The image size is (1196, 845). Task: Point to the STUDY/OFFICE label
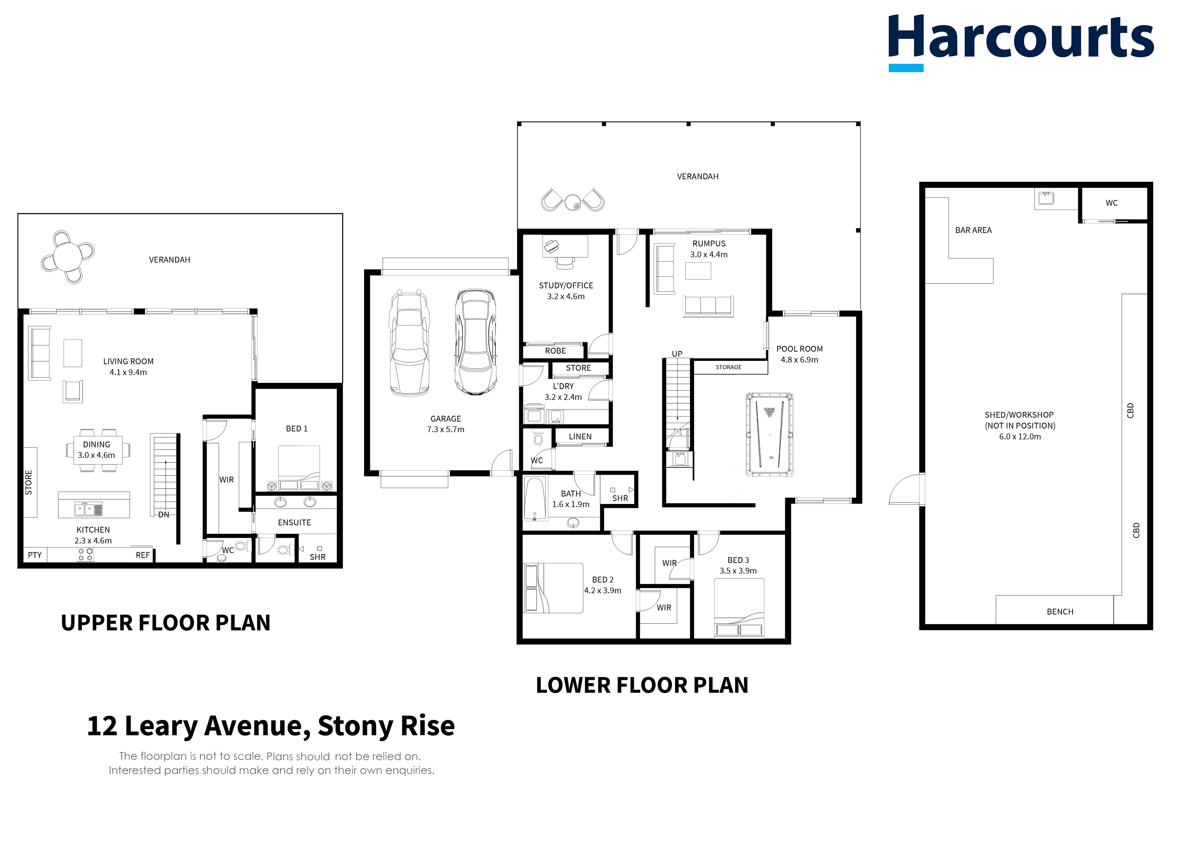pyautogui.click(x=566, y=285)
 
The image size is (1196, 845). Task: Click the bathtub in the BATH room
pyautogui.click(x=535, y=498)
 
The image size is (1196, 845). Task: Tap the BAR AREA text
pyautogui.click(x=973, y=230)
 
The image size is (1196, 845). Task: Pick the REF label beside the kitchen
pyautogui.click(x=143, y=555)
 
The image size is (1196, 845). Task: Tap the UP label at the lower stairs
pyautogui.click(x=677, y=354)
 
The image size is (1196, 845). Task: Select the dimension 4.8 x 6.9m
pyautogui.click(x=799, y=360)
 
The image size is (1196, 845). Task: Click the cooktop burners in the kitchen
pyautogui.click(x=85, y=554)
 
